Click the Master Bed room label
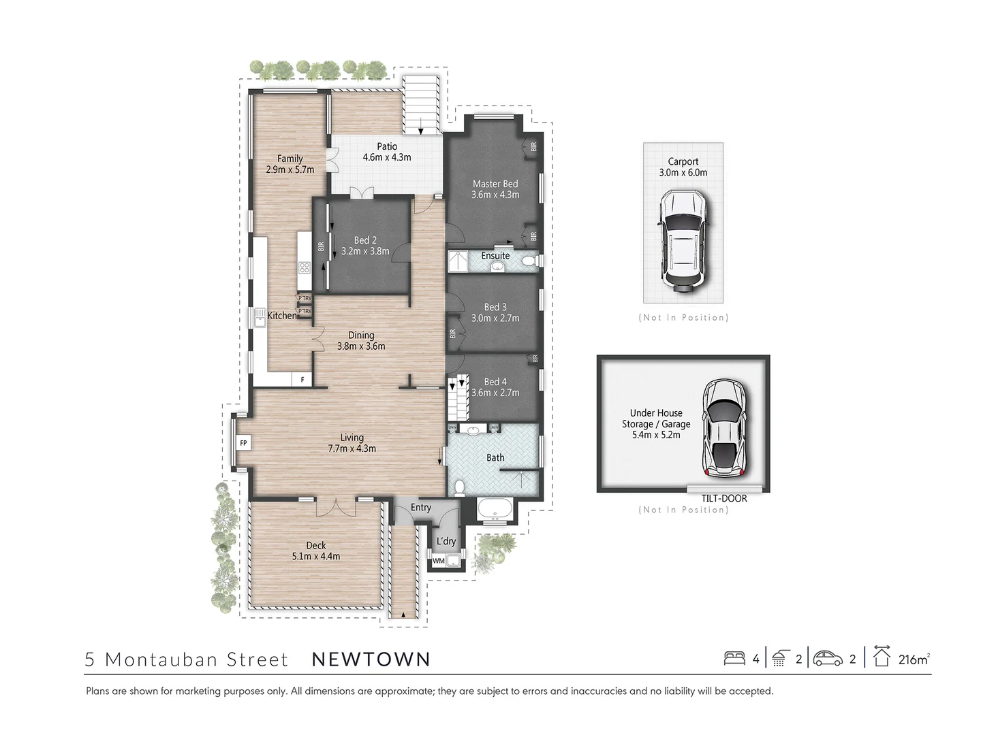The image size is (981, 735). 495,184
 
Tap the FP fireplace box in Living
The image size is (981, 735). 243,443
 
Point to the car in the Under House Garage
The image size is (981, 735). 724,427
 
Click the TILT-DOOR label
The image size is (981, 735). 724,498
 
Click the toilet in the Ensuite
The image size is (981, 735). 529,261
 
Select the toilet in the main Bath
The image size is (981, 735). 460,487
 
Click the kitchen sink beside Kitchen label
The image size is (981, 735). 260,318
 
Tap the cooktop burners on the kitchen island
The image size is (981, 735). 304,267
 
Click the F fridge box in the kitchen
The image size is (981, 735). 302,380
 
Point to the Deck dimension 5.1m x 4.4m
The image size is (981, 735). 316,556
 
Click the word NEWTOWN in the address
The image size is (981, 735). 371,659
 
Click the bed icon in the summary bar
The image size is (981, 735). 734,658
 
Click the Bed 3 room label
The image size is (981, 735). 495,307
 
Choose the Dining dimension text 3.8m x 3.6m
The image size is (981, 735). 361,346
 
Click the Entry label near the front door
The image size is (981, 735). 421,507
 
